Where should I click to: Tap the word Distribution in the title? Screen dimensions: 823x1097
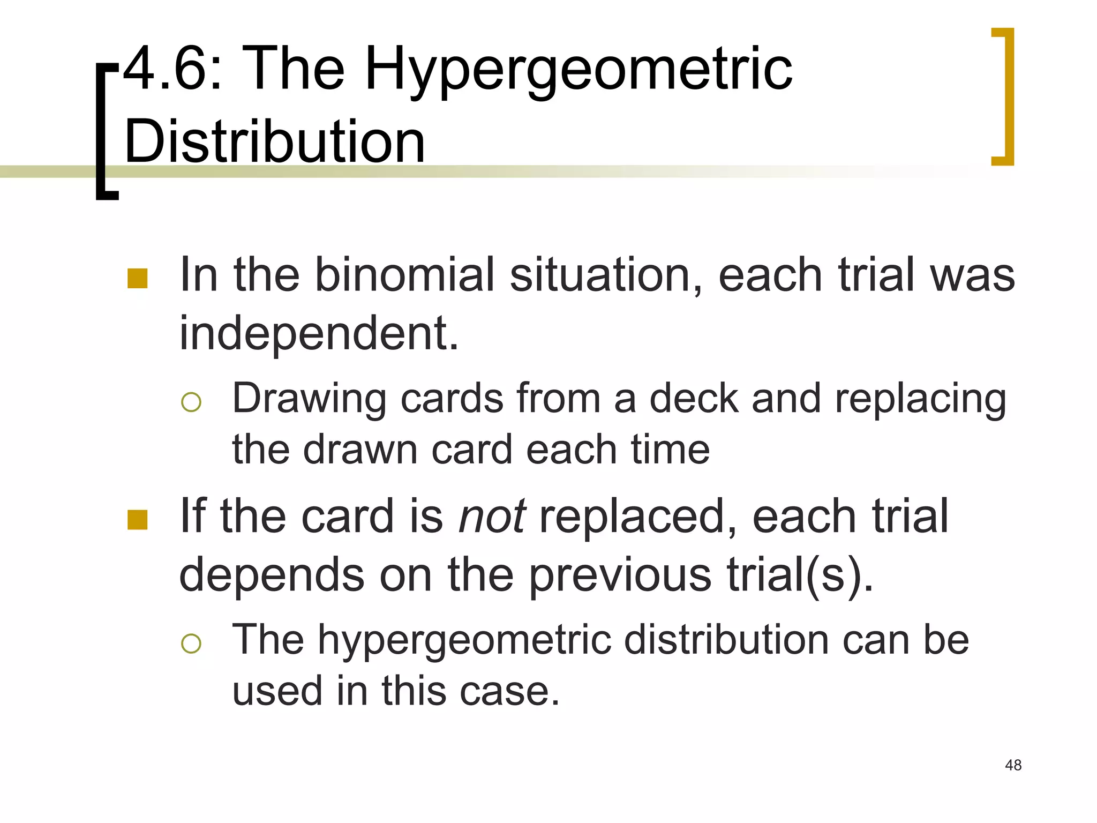(274, 141)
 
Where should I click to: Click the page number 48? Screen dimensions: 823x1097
(1013, 765)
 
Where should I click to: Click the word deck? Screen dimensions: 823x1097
(694, 399)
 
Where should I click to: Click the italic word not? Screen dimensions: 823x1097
(492, 517)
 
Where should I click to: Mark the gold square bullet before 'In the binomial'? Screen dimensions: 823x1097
(138, 279)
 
